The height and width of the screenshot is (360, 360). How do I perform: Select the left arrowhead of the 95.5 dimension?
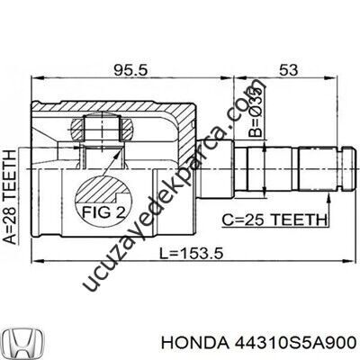click(34, 77)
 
